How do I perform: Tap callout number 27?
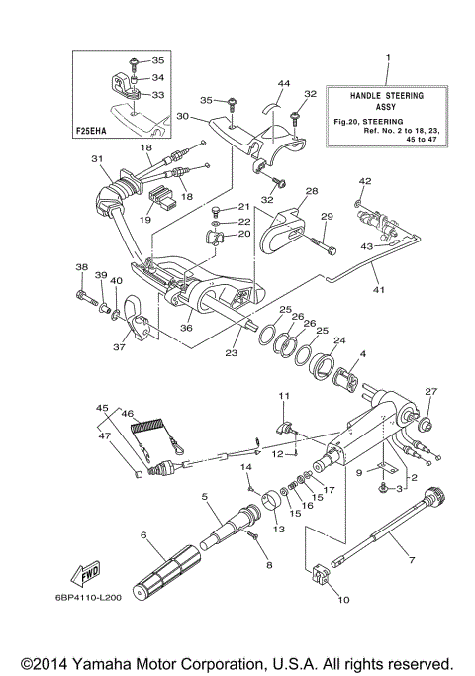coord(430,392)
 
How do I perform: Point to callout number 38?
coord(80,267)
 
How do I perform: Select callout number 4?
coord(363,353)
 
